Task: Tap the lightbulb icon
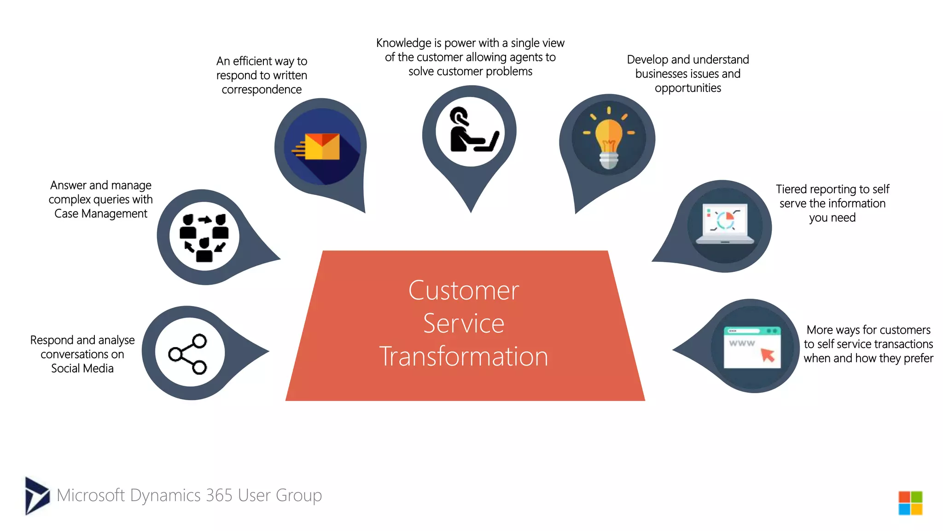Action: pos(609,138)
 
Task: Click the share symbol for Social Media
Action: pos(189,354)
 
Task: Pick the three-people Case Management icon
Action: pos(204,237)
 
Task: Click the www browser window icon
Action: pos(752,347)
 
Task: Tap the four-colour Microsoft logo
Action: pos(910,503)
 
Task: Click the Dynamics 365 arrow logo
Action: pos(37,496)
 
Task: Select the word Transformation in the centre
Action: pos(464,356)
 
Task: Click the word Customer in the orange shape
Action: pos(464,290)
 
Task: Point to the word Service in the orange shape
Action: pos(464,323)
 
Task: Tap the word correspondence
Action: pos(262,89)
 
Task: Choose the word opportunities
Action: pos(688,88)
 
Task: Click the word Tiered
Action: pos(792,189)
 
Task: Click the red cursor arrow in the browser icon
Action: pos(768,355)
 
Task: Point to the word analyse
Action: pos(117,340)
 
